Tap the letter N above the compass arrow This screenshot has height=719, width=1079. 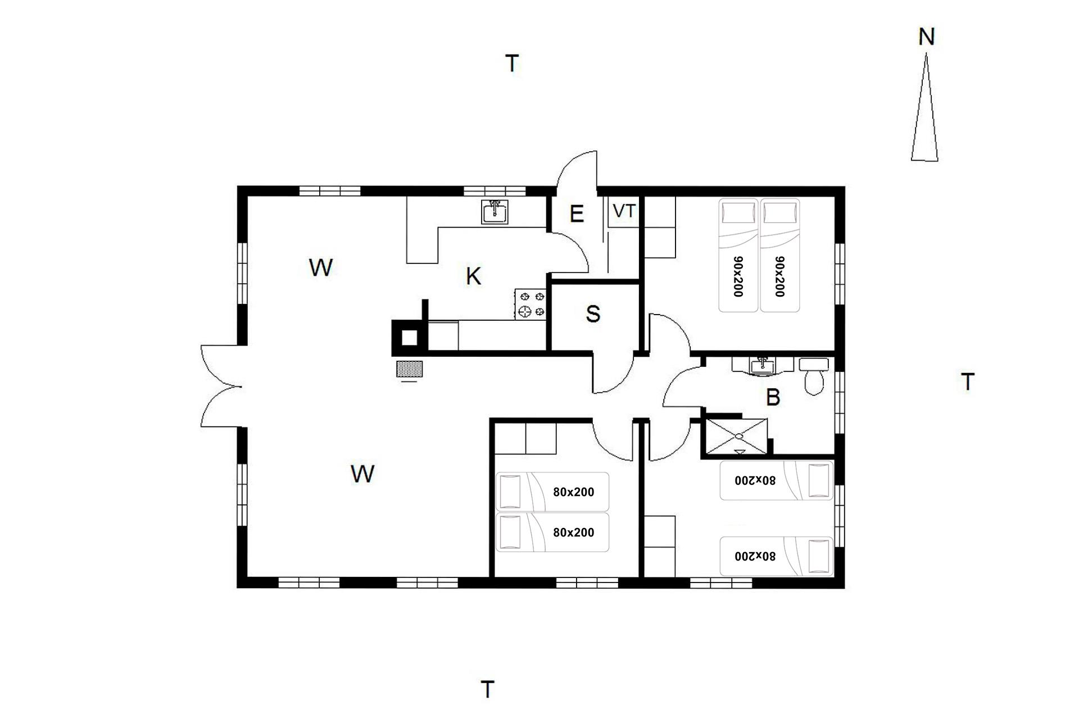(926, 37)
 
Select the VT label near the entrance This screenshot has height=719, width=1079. (624, 211)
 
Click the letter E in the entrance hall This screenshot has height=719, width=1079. (577, 214)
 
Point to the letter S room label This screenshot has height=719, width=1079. (593, 314)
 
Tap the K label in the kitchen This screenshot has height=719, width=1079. (474, 276)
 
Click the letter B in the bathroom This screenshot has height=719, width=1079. (773, 398)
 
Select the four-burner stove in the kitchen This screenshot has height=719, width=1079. (531, 304)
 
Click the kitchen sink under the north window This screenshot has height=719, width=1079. (495, 212)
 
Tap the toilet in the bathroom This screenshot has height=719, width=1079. (814, 376)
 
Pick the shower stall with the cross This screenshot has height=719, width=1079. (736, 436)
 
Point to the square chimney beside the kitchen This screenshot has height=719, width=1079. (409, 338)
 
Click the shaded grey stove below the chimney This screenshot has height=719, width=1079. (409, 369)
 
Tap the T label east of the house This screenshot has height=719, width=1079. (968, 382)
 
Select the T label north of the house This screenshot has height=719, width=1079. (512, 63)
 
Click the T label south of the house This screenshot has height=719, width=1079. (488, 689)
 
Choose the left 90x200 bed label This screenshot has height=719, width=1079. (738, 276)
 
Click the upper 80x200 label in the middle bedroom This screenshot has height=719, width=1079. (573, 492)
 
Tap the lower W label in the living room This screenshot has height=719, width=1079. (362, 474)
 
